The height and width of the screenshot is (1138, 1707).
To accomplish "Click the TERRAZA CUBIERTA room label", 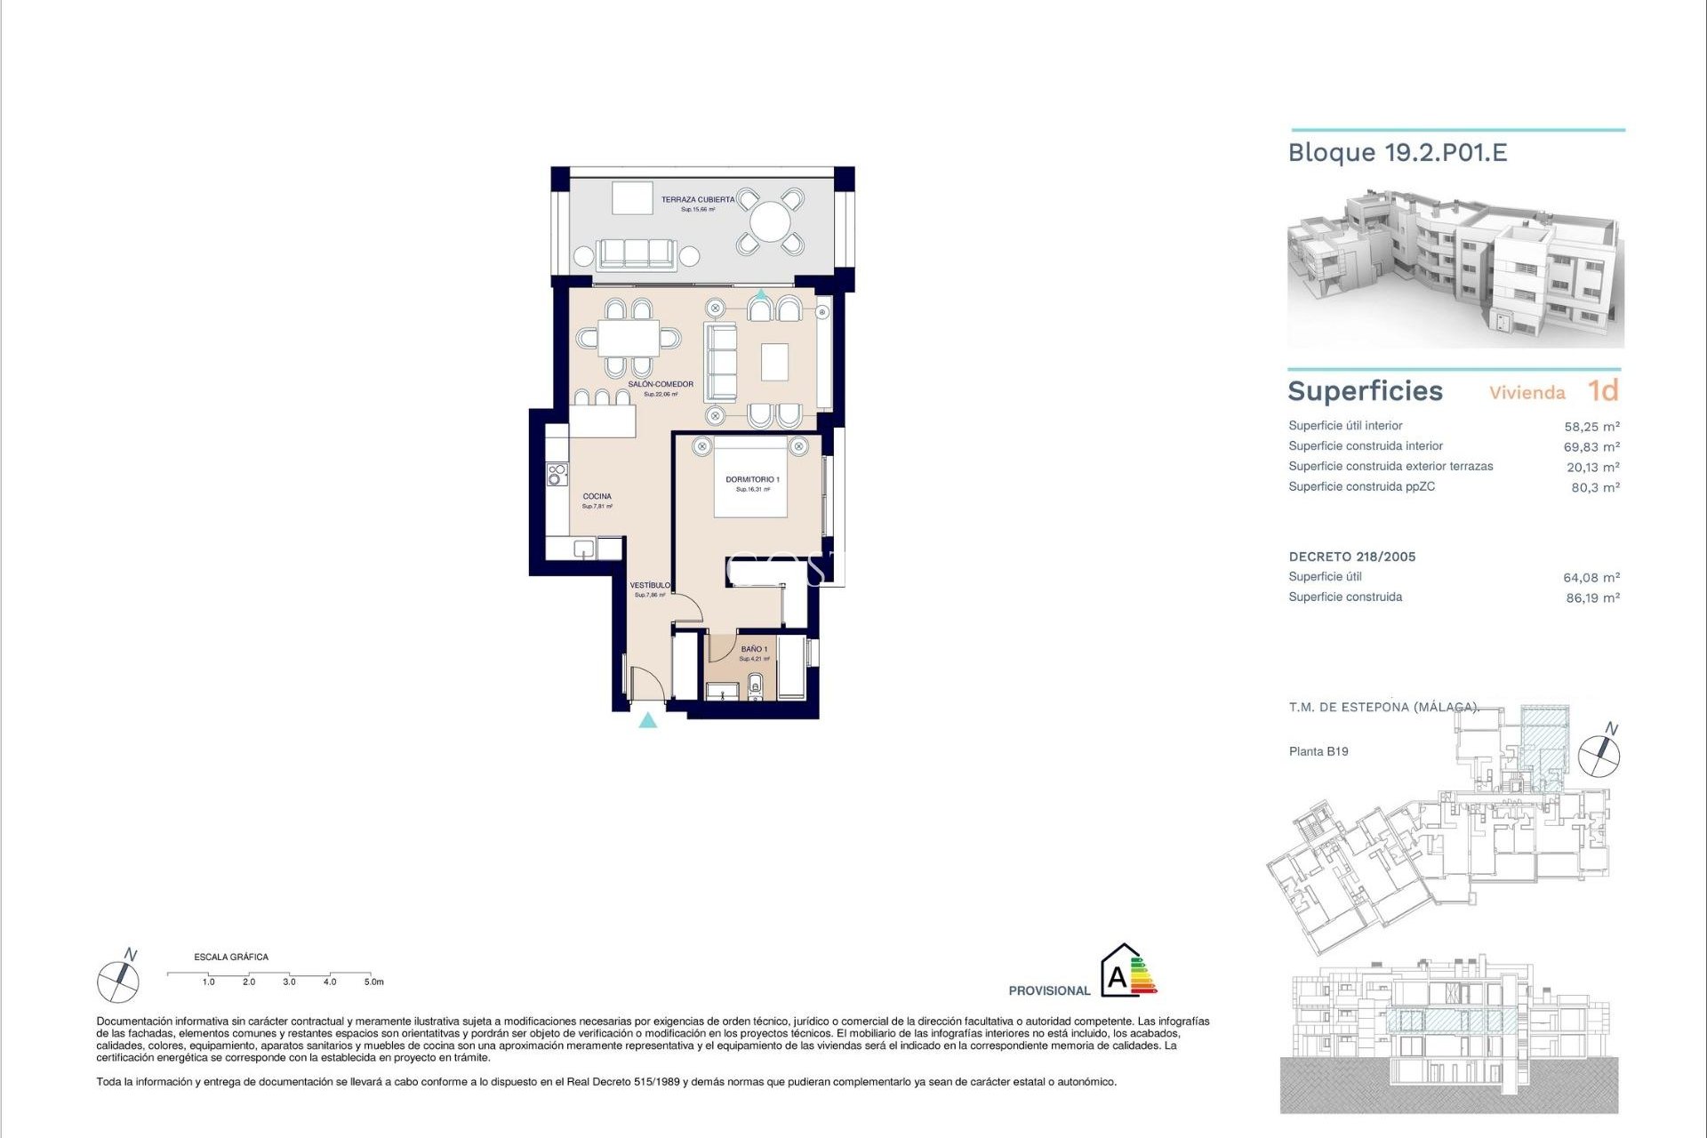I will (x=698, y=200).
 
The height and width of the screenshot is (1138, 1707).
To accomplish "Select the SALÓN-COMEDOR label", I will (x=661, y=385).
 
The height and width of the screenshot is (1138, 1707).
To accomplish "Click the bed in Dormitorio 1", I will (x=751, y=477).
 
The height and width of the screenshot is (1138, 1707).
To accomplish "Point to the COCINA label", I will (x=597, y=497).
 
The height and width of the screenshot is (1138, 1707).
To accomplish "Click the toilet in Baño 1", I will (x=756, y=685).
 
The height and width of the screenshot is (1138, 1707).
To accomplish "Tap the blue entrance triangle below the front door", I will (x=648, y=720).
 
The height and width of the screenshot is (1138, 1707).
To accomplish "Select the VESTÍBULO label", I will (x=650, y=585).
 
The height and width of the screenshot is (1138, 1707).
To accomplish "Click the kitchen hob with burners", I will (x=557, y=474).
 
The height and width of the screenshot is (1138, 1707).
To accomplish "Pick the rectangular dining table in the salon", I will (x=628, y=338).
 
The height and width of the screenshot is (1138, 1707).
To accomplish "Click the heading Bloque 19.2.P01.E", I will (x=1398, y=153).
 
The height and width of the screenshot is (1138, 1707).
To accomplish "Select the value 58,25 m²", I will (x=1591, y=427).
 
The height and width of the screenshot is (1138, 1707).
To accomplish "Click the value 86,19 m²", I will (x=1592, y=598).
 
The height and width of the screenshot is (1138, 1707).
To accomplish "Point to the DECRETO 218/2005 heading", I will (x=1352, y=557).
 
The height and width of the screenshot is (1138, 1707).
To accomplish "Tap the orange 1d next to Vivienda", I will (x=1603, y=390).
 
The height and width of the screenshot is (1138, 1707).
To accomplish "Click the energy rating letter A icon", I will (x=1118, y=978).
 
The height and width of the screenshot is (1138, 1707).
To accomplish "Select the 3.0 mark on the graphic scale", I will (x=289, y=982).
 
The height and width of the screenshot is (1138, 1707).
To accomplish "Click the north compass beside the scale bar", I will (x=118, y=981).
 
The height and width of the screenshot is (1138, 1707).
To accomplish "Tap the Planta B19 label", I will (x=1318, y=751).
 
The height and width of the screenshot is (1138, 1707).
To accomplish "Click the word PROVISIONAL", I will (x=1049, y=990).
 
